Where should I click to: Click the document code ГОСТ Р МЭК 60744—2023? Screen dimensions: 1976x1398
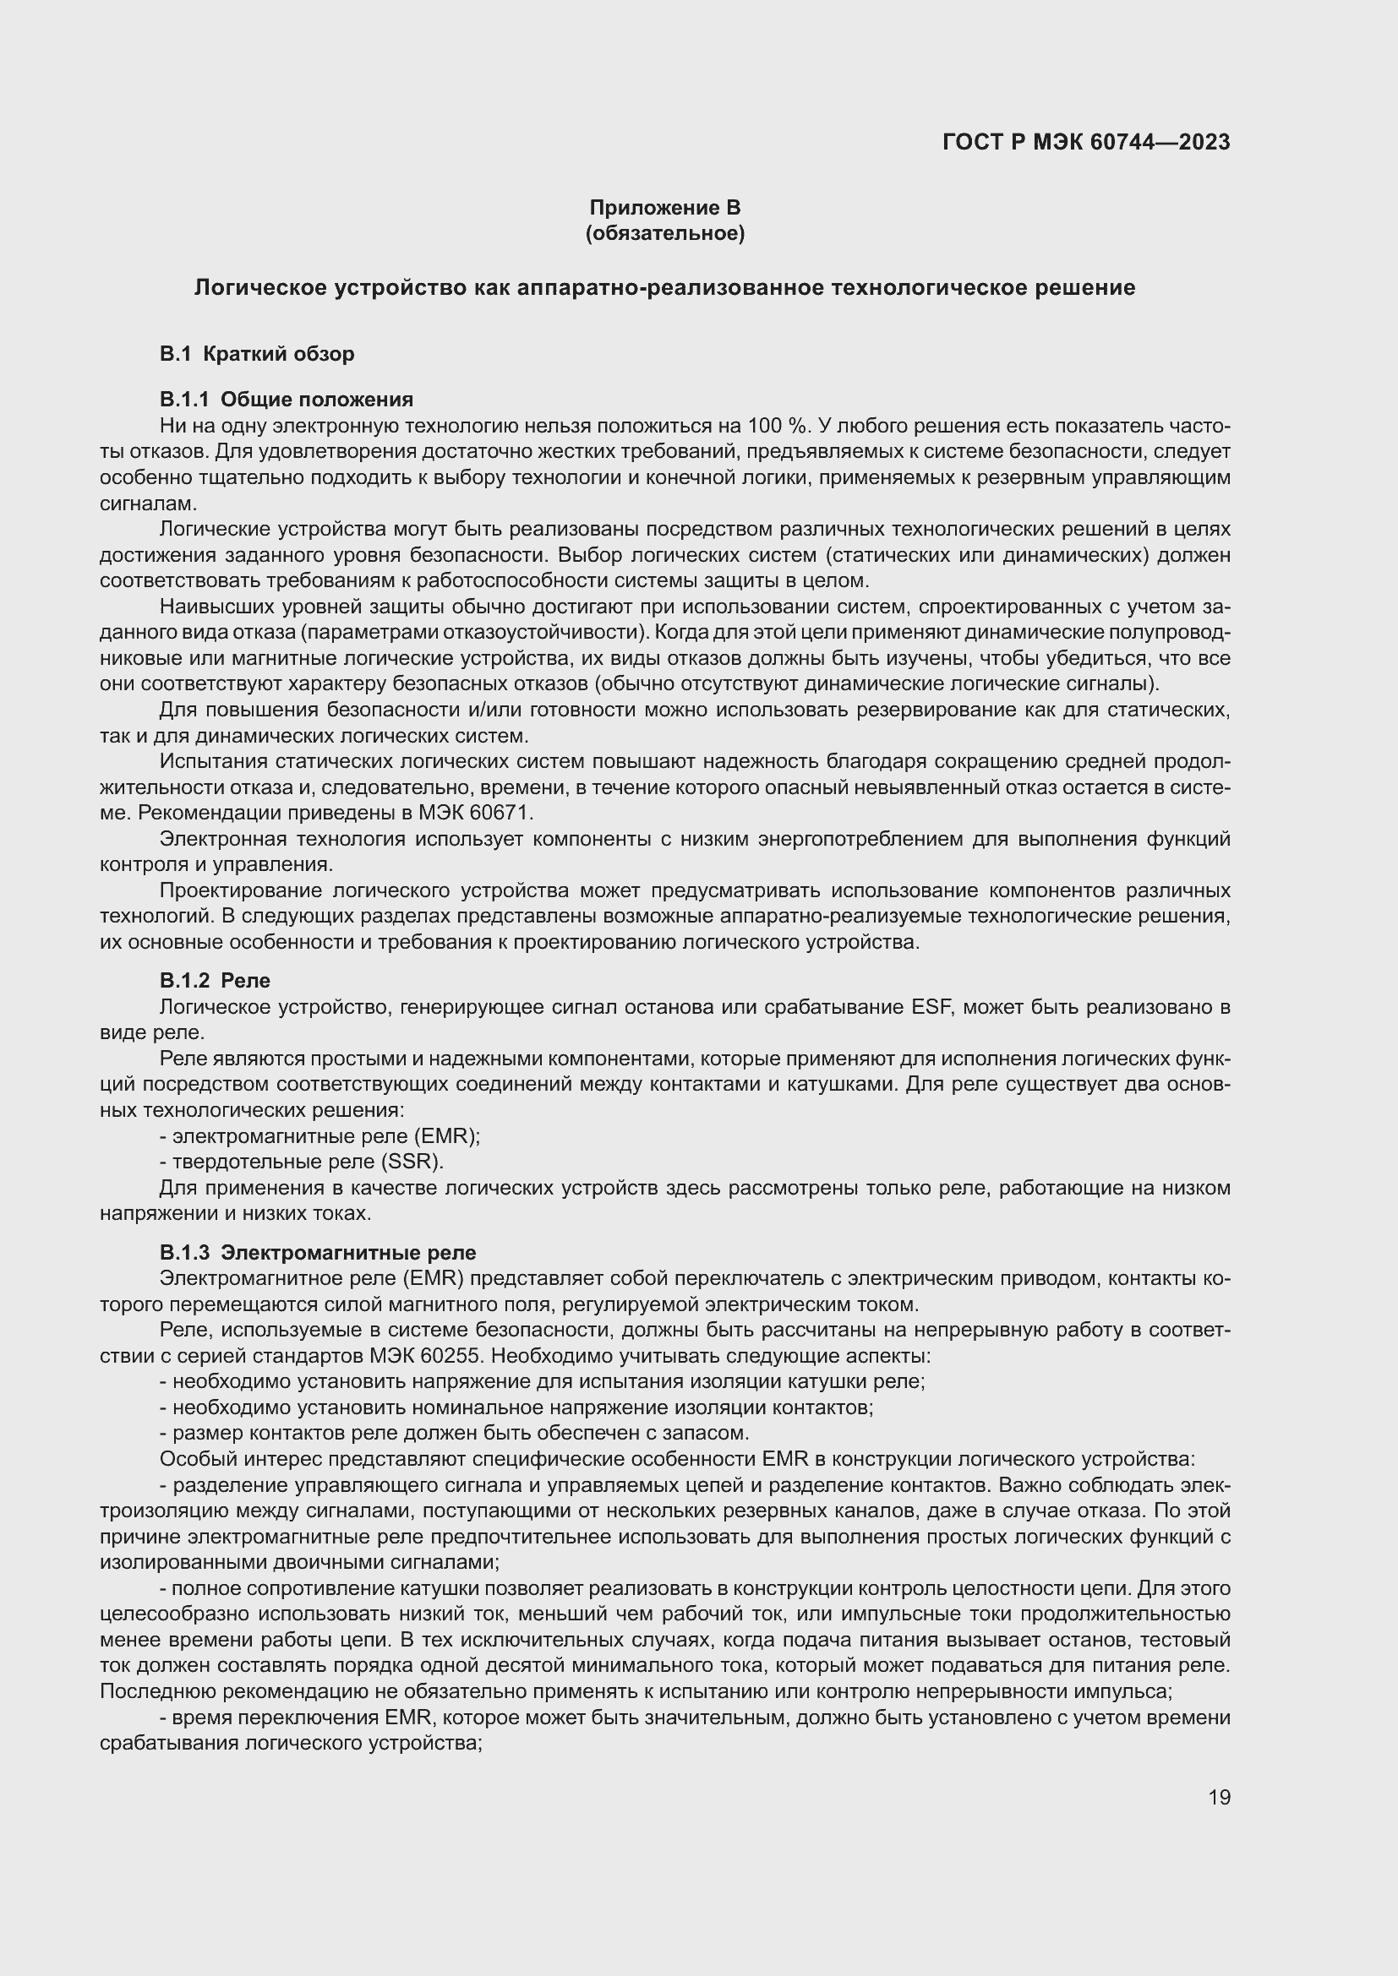pyautogui.click(x=1086, y=142)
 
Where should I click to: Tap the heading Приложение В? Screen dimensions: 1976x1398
pyautogui.click(x=664, y=208)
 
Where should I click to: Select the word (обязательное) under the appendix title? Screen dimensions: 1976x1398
pyautogui.click(x=664, y=233)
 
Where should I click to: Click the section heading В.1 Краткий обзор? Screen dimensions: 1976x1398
pyautogui.click(x=257, y=354)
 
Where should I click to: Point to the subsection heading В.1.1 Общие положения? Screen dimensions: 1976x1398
pyautogui.click(x=286, y=400)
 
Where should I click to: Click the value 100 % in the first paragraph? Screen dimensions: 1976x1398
pyautogui.click(x=778, y=425)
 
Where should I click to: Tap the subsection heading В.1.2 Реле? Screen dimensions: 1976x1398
pyautogui.click(x=215, y=980)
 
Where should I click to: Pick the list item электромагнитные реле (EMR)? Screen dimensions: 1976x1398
pyautogui.click(x=320, y=1136)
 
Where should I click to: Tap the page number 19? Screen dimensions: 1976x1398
pyautogui.click(x=1219, y=1797)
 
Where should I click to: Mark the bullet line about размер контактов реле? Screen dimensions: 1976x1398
pyautogui.click(x=455, y=1433)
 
